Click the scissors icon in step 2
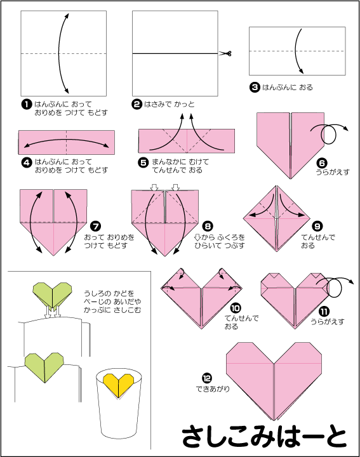tap(225, 53)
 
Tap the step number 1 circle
tap(27, 104)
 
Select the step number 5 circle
tap(143, 162)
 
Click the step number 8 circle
tap(208, 226)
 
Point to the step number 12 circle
tap(206, 378)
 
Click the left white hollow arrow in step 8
tap(154, 187)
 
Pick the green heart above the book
tap(53, 296)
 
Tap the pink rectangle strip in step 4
tap(67, 142)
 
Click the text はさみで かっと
tap(170, 104)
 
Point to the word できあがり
tap(213, 388)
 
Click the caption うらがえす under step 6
tap(333, 172)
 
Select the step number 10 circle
tap(236, 308)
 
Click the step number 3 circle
tap(255, 87)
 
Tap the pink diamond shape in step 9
tap(277, 218)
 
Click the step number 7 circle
tap(95, 226)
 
